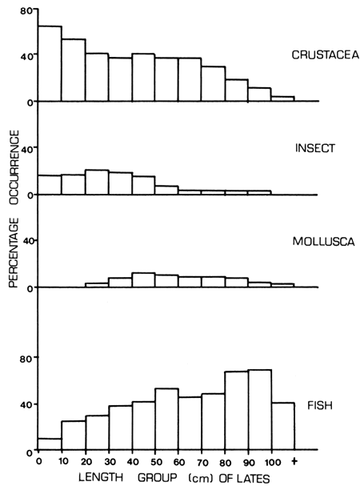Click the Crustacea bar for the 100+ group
[x=283, y=98]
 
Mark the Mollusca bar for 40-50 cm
[x=143, y=280]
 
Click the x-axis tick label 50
[x=155, y=462]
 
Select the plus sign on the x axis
[x=295, y=462]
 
